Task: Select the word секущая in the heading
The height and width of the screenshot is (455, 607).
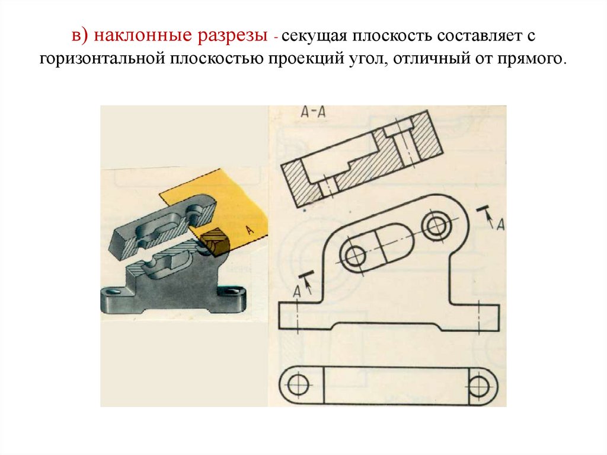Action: click(312, 37)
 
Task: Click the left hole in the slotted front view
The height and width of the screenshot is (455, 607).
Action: click(356, 256)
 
